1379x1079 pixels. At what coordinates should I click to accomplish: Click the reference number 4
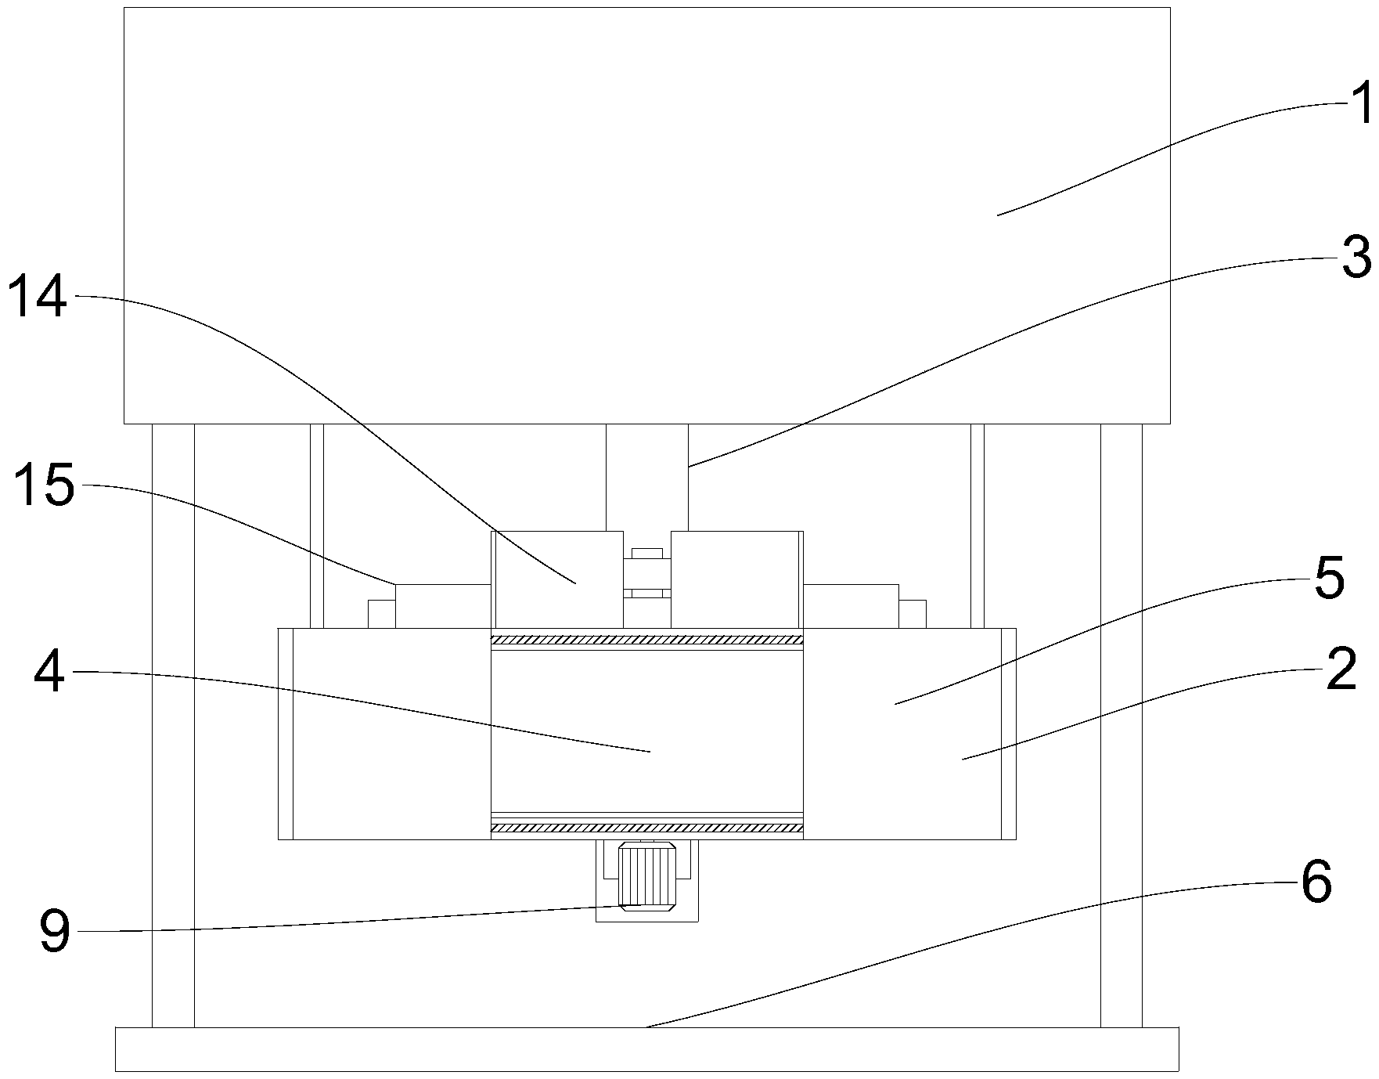click(x=49, y=672)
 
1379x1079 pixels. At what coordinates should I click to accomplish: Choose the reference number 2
click(x=1341, y=670)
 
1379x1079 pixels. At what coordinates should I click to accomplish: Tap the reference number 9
click(x=54, y=933)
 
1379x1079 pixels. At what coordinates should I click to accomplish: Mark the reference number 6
click(x=1316, y=882)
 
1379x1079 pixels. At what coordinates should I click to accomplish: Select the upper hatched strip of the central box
click(x=646, y=640)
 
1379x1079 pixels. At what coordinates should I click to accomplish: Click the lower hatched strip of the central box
click(x=646, y=827)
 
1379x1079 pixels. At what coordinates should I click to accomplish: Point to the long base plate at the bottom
click(x=646, y=1048)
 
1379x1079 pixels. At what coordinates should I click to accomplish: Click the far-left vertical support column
click(x=173, y=724)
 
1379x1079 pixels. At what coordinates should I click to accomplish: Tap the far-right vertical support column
click(x=1121, y=724)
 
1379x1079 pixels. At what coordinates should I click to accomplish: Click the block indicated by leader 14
click(x=556, y=579)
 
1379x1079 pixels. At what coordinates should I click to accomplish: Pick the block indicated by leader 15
click(x=442, y=605)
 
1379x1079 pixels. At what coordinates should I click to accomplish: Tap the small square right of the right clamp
click(x=912, y=614)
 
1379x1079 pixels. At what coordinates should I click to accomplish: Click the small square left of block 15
click(x=381, y=614)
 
